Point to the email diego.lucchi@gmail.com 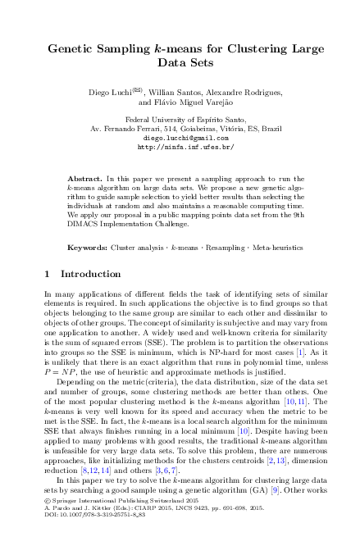coord(180,139)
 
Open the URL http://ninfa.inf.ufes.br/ coord(180,148)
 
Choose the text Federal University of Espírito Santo coord(180,120)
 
